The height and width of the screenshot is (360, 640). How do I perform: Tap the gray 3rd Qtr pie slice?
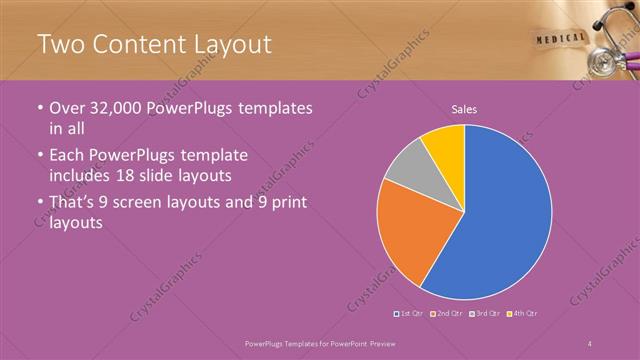pyautogui.click(x=408, y=167)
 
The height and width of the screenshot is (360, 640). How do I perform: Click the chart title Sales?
pyautogui.click(x=463, y=109)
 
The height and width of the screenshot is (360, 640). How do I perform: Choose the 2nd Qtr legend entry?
pyautogui.click(x=448, y=314)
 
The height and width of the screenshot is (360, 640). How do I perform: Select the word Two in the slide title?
pyautogui.click(x=61, y=44)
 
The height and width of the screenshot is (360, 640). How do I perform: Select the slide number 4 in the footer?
pyautogui.click(x=590, y=343)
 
